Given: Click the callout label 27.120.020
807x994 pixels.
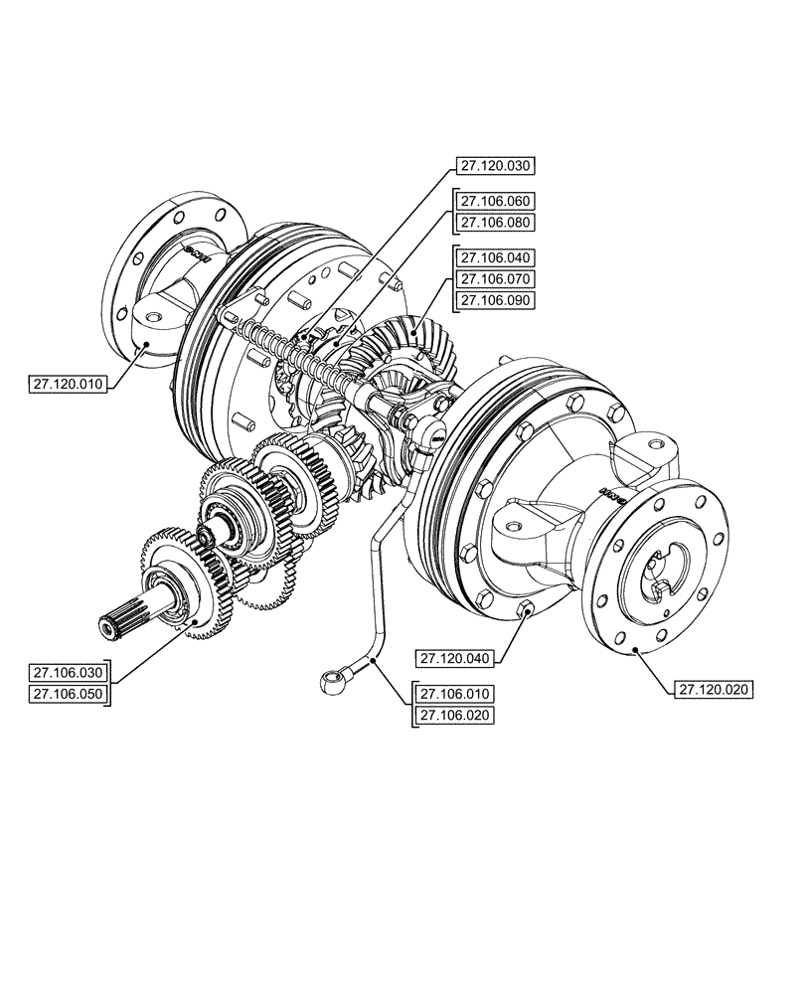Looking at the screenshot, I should click(x=715, y=688).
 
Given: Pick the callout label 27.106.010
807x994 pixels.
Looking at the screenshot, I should click(x=455, y=693).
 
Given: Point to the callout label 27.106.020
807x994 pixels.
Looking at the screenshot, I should click(x=455, y=715).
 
